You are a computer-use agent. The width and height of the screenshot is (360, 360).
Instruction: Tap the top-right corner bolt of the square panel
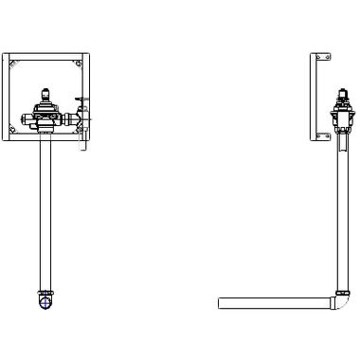coord(80,64)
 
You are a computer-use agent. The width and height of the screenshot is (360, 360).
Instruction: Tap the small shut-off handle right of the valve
coord(82,113)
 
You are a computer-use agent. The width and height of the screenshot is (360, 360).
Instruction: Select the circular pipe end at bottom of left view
coord(44,303)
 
